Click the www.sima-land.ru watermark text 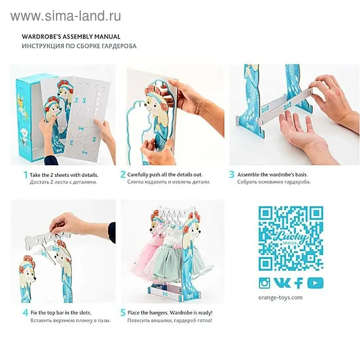(66, 16)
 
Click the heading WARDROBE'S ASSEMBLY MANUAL (71, 37)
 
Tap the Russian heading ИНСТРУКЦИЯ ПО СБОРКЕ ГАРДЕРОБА (79, 46)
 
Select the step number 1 (26, 175)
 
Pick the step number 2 (123, 174)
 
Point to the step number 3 (231, 174)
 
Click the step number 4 (26, 313)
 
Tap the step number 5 (123, 313)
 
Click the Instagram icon (264, 283)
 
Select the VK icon (282, 283)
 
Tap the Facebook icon (298, 283)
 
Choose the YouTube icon (315, 283)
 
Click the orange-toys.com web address (280, 298)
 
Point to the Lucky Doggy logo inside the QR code (291, 238)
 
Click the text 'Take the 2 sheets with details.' (64, 175)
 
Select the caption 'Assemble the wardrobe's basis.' (273, 174)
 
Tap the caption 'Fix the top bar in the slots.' (61, 313)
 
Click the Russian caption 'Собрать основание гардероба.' (274, 182)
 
